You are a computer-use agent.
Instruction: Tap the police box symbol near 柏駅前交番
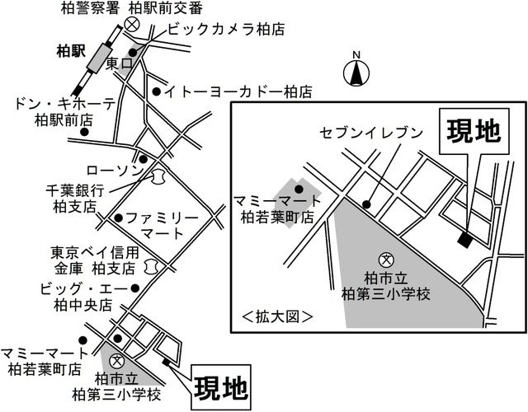(130, 27)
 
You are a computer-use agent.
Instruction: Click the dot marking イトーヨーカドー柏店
(156, 91)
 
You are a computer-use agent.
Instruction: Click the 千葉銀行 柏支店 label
(77, 194)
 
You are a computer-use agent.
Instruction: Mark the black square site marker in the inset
(464, 240)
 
